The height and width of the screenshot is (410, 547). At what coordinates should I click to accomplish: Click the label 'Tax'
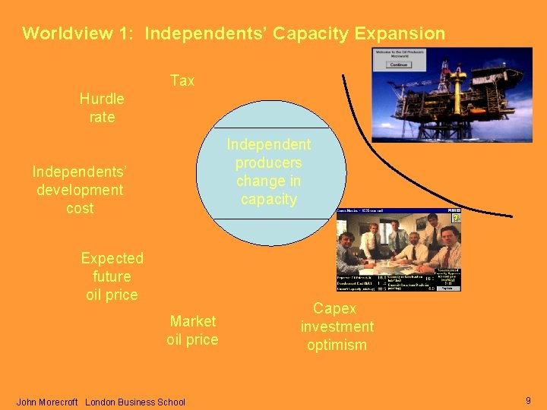pos(182,80)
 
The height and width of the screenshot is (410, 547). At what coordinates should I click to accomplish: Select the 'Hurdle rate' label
pos(102,108)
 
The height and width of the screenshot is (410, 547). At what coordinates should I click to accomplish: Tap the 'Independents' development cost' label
pos(80,190)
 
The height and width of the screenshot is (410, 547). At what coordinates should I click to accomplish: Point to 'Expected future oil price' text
pos(112,276)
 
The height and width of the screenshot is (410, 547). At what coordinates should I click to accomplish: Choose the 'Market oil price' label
pos(192,330)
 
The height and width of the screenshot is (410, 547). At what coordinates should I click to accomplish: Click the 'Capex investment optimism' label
pos(337,326)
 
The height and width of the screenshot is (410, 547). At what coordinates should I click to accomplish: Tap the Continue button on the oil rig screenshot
pos(398,65)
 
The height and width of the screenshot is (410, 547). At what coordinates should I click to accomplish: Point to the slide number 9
pos(528,400)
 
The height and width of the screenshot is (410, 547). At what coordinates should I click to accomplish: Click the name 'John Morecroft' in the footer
pos(47,402)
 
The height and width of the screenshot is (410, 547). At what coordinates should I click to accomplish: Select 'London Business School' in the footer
pos(135,402)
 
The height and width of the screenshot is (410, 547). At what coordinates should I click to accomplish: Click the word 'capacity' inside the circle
pos(268,199)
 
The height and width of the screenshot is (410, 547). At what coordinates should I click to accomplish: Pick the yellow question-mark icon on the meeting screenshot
pos(456,218)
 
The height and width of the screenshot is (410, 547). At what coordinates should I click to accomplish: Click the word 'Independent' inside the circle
pos(268,144)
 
